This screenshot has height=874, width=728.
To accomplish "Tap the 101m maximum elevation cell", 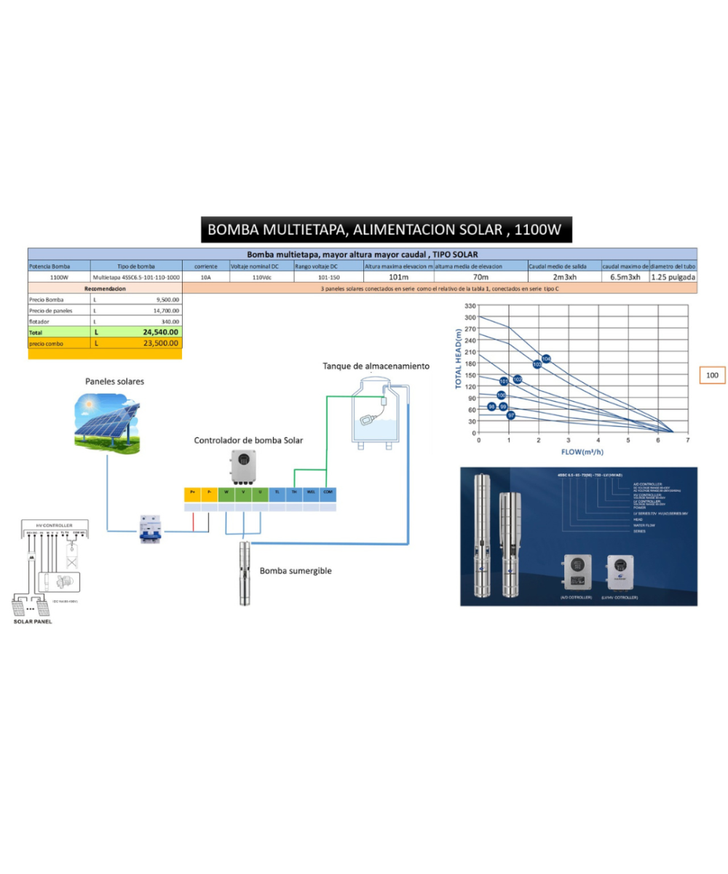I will [x=398, y=277].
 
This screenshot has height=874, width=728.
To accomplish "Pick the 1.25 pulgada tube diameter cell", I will [x=673, y=277].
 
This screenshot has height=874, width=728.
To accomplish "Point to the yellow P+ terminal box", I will [x=192, y=492].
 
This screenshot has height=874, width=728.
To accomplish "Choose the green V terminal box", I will [x=243, y=492].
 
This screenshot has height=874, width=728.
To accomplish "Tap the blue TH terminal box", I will [x=294, y=492].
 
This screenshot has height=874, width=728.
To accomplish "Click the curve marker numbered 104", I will [x=546, y=358].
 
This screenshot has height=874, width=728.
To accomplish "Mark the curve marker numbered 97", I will [x=511, y=415].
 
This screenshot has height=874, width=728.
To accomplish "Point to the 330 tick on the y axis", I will [x=470, y=306].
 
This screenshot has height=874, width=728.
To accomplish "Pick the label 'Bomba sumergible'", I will [x=296, y=570].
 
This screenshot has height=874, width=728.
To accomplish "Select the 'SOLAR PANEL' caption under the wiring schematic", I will [x=33, y=621].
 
